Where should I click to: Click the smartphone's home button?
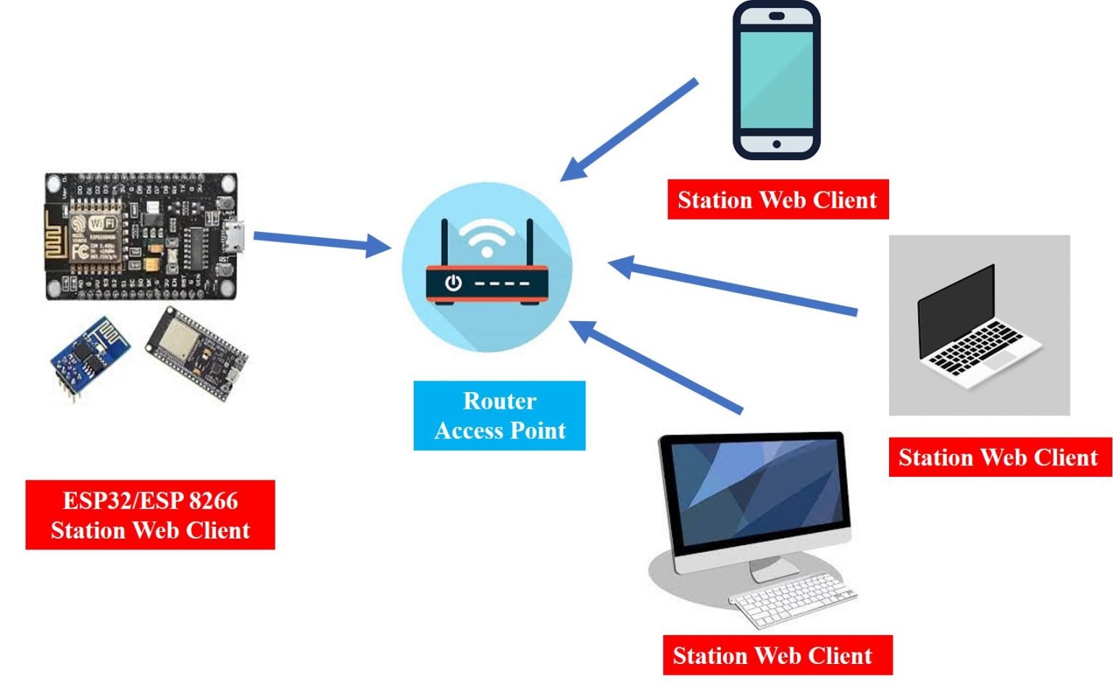[x=776, y=144]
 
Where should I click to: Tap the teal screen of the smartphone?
[x=776, y=78]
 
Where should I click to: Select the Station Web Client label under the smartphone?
[x=778, y=199]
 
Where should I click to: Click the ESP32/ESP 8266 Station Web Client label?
[x=150, y=515]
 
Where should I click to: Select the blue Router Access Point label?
[x=499, y=415]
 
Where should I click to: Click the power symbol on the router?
[x=454, y=283]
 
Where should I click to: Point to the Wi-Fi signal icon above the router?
[x=487, y=238]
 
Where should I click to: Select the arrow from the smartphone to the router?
[x=630, y=130]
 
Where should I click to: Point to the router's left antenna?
[x=444, y=243]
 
